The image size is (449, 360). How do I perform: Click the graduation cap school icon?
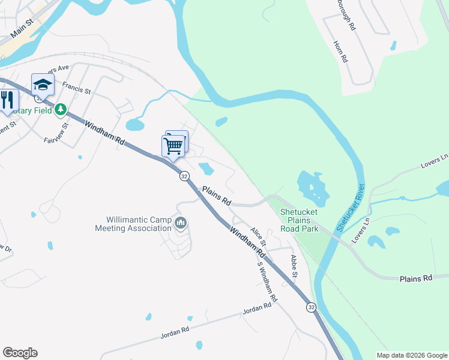coord(43,85)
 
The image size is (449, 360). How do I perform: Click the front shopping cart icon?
coord(173,145)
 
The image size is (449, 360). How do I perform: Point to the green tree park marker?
coord(60,110)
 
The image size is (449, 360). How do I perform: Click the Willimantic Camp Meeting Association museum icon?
coord(181,224)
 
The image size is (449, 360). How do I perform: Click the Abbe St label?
coord(294,266)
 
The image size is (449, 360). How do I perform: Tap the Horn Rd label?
coord(341,51)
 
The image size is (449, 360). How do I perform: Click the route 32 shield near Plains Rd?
coord(184,176)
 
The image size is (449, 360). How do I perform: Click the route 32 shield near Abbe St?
coord(310,307)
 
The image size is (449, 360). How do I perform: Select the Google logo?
coord(20,353)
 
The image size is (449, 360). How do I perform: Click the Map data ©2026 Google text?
coord(411,355)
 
